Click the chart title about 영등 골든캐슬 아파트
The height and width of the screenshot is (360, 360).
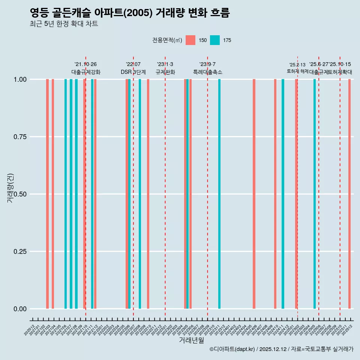[x=129, y=13]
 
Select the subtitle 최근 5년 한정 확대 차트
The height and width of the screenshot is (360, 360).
[x=64, y=24]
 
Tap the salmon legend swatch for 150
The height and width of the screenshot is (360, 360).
[x=190, y=40]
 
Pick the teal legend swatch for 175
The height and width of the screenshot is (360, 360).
[x=215, y=40]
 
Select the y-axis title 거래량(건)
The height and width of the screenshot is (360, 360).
[x=10, y=188]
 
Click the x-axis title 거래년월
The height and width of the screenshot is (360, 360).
[x=192, y=340]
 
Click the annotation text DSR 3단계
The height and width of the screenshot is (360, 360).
[x=133, y=72]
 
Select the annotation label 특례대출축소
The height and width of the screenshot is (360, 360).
[x=207, y=72]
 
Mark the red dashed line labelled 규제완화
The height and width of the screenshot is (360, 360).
[x=165, y=187]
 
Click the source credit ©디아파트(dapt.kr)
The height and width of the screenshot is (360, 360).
[x=232, y=349]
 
